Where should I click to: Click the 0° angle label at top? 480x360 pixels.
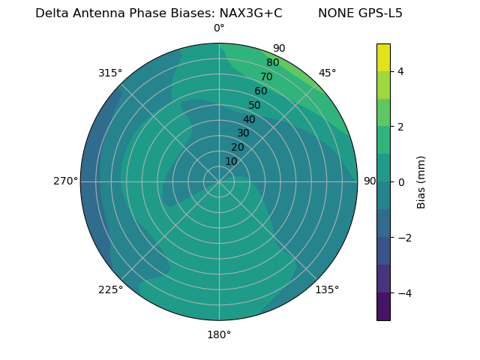click(x=219, y=28)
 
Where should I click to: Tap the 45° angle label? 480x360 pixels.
click(x=327, y=73)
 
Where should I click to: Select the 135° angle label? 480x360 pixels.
click(x=327, y=289)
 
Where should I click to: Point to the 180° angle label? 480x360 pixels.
click(x=219, y=334)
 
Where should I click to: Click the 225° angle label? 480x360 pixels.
click(x=110, y=289)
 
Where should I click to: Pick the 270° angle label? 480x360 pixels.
click(x=65, y=181)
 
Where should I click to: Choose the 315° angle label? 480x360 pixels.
click(x=110, y=73)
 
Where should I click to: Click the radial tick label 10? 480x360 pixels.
click(x=231, y=162)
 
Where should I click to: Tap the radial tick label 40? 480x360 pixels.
click(x=249, y=119)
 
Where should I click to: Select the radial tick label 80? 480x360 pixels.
click(x=272, y=63)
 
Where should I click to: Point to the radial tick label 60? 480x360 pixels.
click(x=260, y=91)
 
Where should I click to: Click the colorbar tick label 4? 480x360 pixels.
click(x=401, y=71)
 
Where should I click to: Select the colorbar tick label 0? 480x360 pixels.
click(x=401, y=182)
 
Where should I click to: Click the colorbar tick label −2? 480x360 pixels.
click(x=404, y=238)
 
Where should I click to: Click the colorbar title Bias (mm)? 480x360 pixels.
click(x=421, y=181)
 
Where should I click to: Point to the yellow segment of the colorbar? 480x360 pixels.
click(x=383, y=57)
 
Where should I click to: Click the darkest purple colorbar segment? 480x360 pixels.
click(x=383, y=306)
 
